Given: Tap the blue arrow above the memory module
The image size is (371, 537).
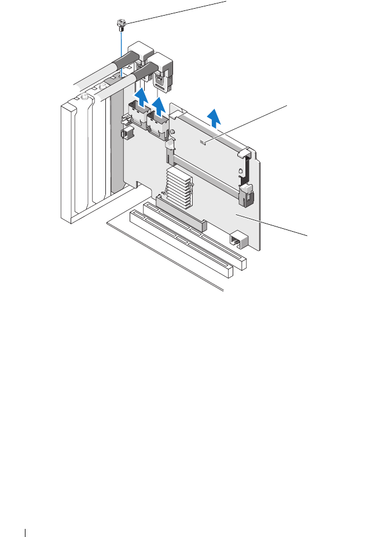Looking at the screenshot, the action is pyautogui.click(x=215, y=118).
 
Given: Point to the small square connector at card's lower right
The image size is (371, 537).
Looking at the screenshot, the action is pyautogui.click(x=238, y=239).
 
